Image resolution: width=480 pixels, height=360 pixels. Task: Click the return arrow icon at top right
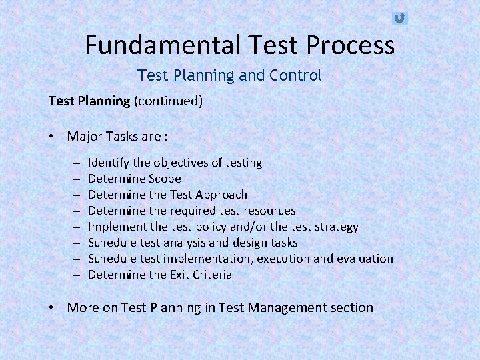399,18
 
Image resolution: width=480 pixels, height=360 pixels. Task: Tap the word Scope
165,179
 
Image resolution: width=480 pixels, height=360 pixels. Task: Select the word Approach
221,195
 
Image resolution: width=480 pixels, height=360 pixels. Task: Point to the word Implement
116,227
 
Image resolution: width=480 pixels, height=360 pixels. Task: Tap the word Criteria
209,275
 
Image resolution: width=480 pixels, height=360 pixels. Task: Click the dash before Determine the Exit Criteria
77,275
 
